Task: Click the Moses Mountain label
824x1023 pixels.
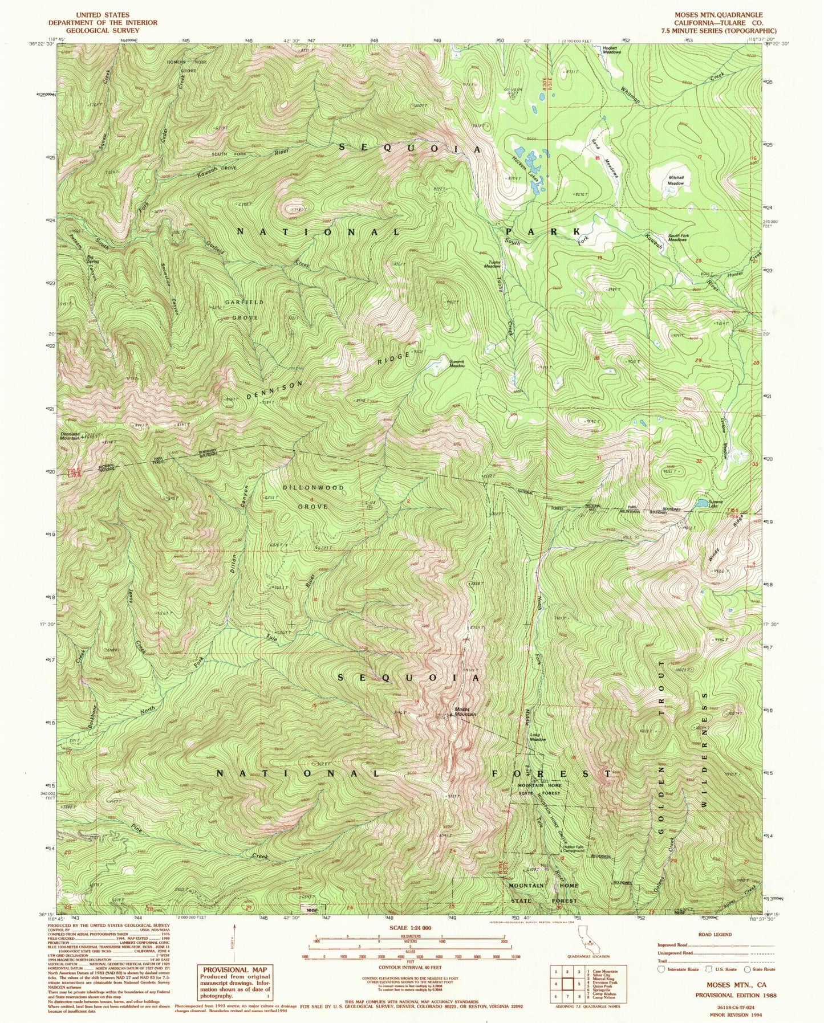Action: click(x=465, y=712)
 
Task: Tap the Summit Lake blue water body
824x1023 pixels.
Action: click(x=699, y=503)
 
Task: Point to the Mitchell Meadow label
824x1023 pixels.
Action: click(x=676, y=181)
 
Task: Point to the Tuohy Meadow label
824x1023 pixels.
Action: click(x=492, y=264)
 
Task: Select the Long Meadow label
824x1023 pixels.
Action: click(x=538, y=737)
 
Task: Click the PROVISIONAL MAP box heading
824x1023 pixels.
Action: click(x=234, y=969)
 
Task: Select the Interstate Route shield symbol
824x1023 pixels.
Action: click(x=661, y=968)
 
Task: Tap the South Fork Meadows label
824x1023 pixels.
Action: click(x=677, y=238)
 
